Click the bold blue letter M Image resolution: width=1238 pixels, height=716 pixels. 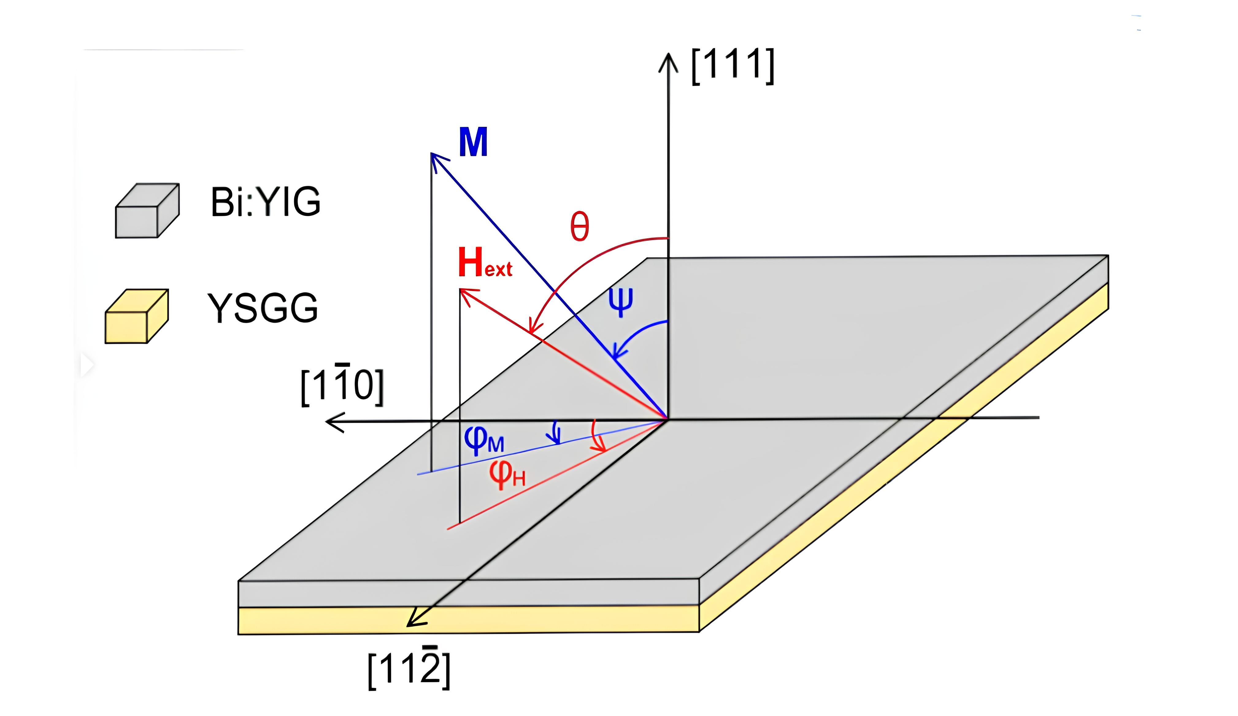coord(473,142)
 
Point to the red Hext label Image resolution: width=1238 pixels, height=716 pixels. coord(484,263)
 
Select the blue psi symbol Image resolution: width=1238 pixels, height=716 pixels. coord(621,302)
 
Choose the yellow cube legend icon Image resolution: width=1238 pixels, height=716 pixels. coord(136,316)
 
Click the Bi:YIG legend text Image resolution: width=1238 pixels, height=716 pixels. coord(265,202)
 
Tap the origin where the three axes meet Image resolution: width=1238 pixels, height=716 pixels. coord(667,419)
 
